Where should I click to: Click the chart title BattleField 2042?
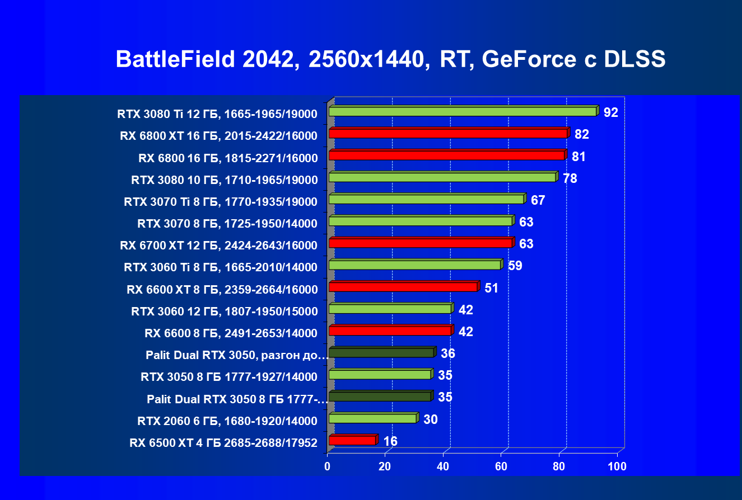pos(390,59)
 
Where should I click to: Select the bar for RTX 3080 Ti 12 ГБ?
pos(463,112)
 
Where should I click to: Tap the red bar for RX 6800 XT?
pos(448,134)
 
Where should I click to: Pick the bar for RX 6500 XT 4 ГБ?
pos(352,441)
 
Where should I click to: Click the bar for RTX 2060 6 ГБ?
pos(372,418)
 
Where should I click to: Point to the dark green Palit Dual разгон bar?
pos(381,353)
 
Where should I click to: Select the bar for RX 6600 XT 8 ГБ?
pos(403,287)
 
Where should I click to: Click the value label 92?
pos(610,112)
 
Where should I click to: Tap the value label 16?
pos(390,441)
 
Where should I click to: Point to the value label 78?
pos(570,178)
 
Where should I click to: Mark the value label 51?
pos(491,288)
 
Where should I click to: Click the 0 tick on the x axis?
pos(328,466)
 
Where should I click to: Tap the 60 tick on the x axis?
pos(501,466)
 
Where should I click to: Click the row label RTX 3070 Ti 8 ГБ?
pos(221,202)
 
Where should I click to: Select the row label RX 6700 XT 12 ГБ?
pos(218,246)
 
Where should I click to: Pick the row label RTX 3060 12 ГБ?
pos(224,312)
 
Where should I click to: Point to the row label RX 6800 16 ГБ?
pos(228,158)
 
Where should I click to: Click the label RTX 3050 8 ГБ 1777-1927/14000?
pos(229,377)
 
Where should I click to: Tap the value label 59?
pos(515,266)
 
